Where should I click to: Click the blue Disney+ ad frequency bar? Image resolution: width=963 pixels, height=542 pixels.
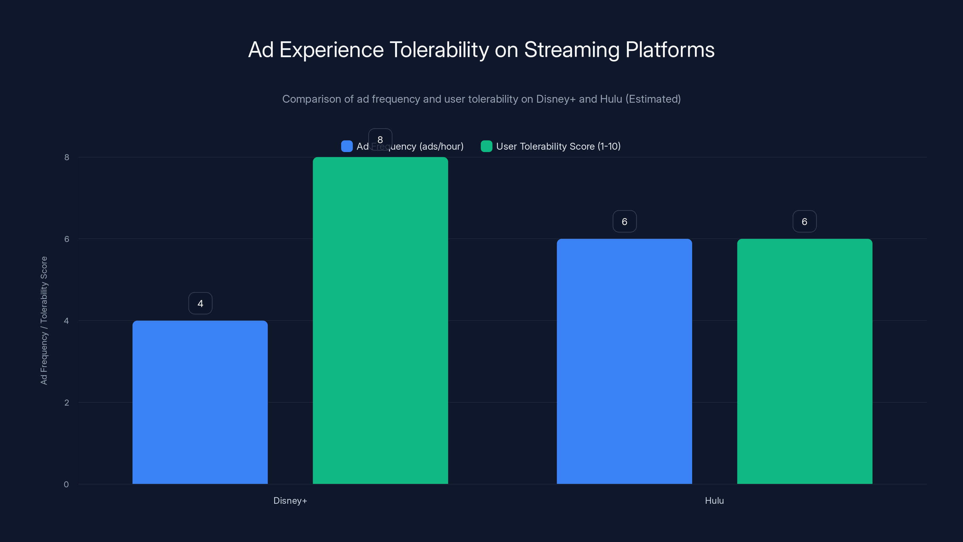pos(200,402)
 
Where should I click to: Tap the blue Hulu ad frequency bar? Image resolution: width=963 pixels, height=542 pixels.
pos(624,361)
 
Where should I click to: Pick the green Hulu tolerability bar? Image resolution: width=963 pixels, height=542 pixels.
pos(804,361)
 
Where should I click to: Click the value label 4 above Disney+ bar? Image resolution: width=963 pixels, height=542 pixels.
pos(200,303)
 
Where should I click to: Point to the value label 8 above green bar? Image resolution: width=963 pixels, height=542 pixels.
pos(380,139)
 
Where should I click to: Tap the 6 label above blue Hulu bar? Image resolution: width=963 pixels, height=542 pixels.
pos(624,221)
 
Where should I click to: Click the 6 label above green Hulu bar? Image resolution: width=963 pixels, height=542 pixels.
pos(804,221)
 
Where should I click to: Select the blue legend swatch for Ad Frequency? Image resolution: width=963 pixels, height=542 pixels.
pos(347,146)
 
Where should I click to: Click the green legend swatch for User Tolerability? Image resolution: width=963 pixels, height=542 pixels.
pos(486,146)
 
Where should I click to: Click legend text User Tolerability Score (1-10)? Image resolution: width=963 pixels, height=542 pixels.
pos(558,146)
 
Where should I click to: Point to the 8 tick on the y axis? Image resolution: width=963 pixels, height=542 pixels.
pos(67,157)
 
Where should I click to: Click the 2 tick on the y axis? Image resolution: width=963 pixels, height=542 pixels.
pos(67,403)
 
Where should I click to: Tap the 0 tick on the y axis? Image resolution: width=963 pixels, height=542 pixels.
pos(66,484)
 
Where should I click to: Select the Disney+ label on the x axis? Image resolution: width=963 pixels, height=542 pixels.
pos(290,500)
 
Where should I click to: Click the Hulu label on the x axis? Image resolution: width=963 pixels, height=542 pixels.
pos(714,500)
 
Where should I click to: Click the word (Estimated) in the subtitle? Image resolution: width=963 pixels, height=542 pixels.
pos(653,99)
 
